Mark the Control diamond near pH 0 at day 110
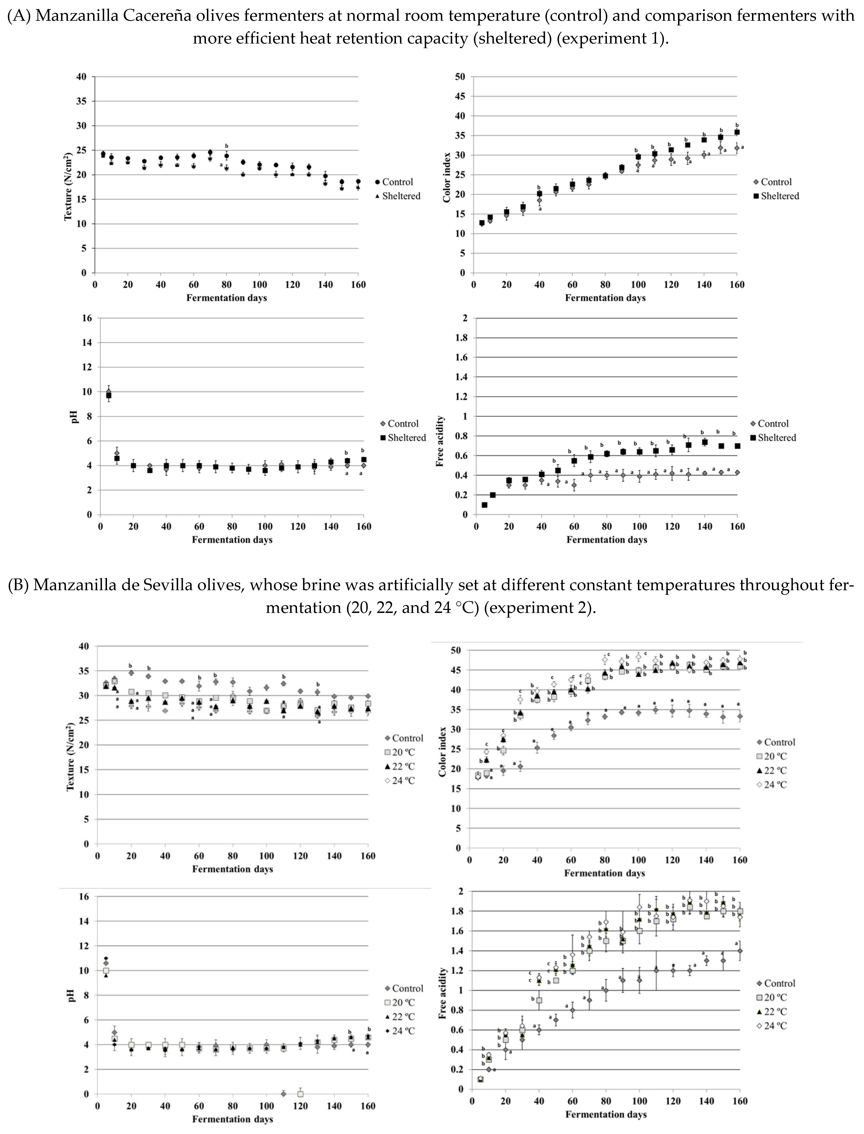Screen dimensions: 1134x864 click(x=283, y=1093)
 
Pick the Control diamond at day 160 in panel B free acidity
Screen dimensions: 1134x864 click(x=740, y=951)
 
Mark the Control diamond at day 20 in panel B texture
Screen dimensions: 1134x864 click(x=131, y=673)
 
